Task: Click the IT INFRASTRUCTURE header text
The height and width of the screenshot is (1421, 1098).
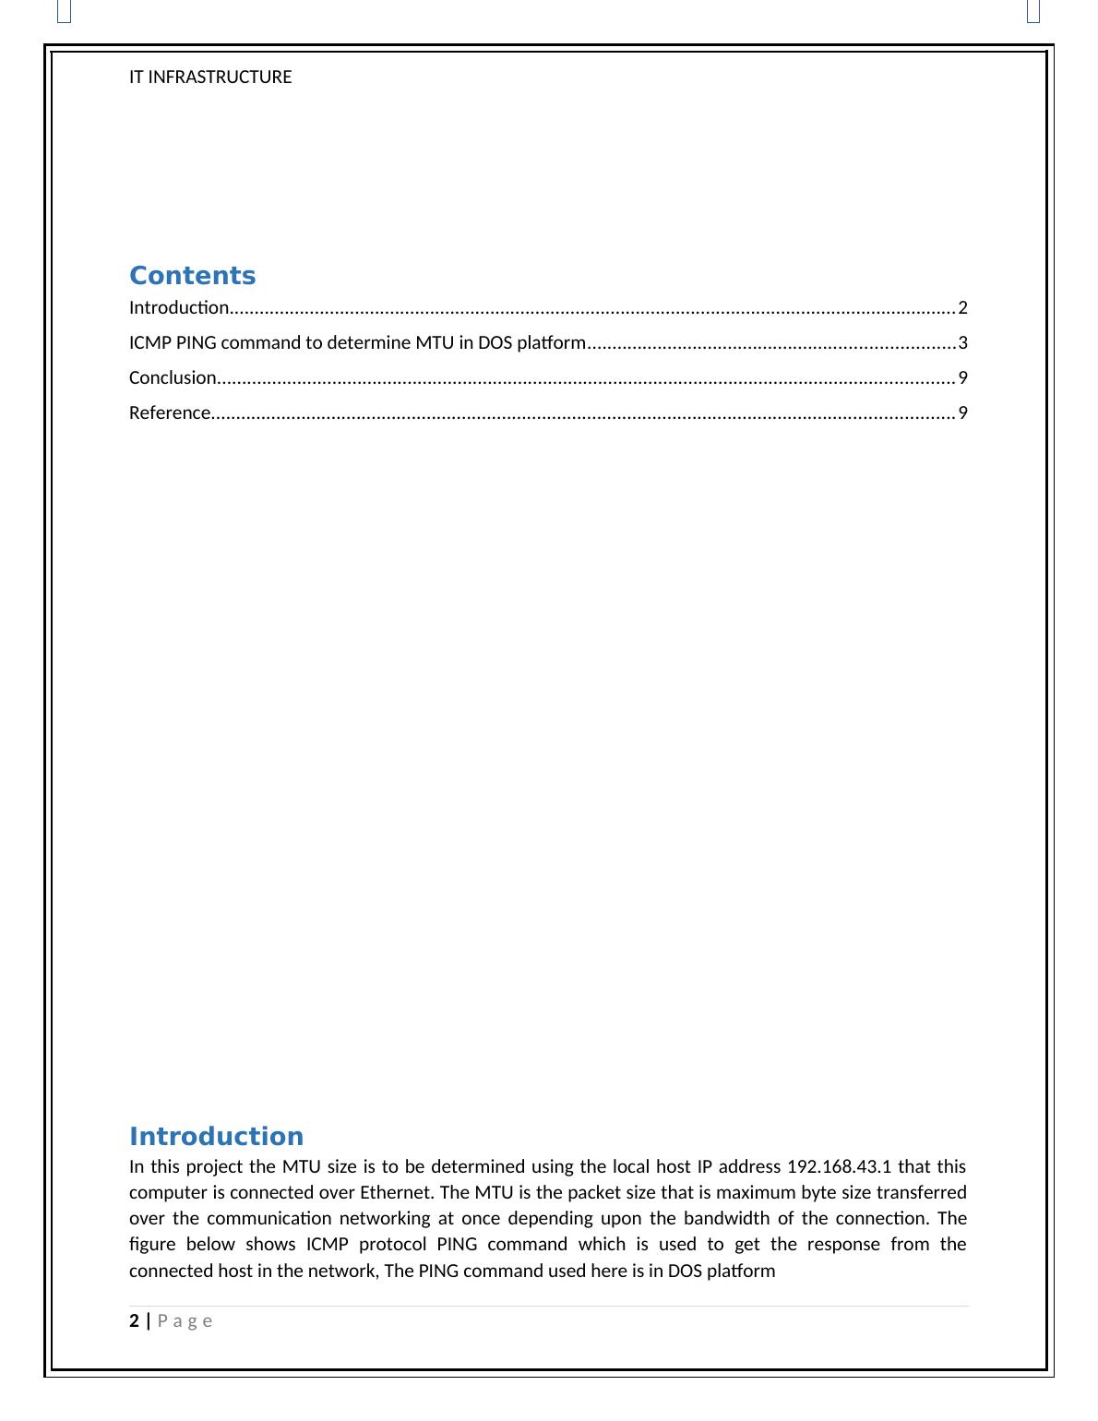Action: point(210,78)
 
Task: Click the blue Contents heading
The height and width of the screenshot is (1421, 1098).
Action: point(192,276)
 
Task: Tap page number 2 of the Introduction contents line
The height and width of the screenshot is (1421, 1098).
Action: point(962,308)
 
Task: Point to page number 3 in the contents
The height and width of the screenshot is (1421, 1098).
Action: point(962,343)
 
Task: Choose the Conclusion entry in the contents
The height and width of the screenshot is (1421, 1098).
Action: point(173,377)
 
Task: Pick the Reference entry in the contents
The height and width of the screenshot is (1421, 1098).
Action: point(170,412)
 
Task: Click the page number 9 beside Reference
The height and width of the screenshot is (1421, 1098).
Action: point(962,412)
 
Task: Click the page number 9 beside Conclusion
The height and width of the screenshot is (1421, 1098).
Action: point(962,377)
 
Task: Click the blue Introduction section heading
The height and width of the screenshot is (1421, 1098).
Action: point(216,1137)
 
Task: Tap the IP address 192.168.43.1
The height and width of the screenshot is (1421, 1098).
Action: point(839,1166)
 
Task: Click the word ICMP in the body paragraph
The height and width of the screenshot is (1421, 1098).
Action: point(328,1244)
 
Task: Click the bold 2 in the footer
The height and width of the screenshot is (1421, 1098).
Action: point(135,1320)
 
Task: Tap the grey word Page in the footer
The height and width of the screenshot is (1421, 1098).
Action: point(185,1320)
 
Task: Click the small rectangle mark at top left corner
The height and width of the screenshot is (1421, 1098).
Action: point(64,11)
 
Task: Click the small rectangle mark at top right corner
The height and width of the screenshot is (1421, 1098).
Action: point(1033,11)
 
